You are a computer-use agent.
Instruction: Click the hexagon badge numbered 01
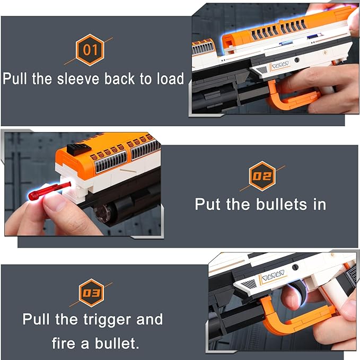(91, 50)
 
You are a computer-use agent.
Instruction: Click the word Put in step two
(208, 204)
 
